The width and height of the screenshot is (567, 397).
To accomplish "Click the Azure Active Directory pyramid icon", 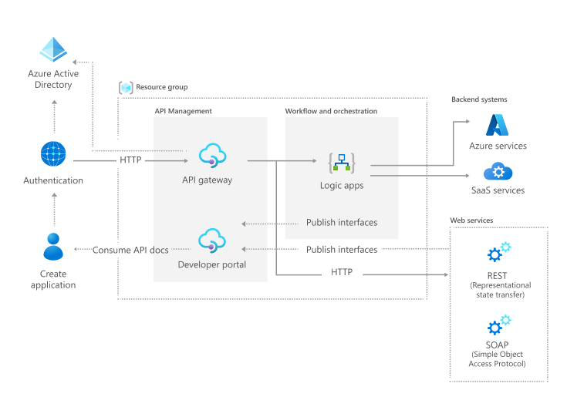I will [54, 50].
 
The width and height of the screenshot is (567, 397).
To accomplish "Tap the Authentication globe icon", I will [53, 154].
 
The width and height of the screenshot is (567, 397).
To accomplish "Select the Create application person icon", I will [53, 247].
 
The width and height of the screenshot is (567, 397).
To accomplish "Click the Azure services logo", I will [498, 125].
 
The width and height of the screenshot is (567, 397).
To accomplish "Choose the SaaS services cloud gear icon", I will [498, 171].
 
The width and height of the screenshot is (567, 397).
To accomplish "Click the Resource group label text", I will [161, 87].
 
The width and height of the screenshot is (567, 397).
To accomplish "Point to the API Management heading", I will [183, 112].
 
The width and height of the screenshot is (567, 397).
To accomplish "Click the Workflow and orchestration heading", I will [331, 112].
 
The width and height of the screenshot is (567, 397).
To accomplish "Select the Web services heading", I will [471, 220].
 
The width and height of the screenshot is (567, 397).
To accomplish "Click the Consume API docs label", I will [130, 250].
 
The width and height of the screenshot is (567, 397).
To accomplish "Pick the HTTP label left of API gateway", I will [130, 160].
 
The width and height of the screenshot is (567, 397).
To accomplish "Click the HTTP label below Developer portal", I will [342, 273].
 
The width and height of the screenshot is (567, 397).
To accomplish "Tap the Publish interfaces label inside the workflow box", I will [342, 223].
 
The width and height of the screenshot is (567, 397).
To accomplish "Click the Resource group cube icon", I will [126, 87].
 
